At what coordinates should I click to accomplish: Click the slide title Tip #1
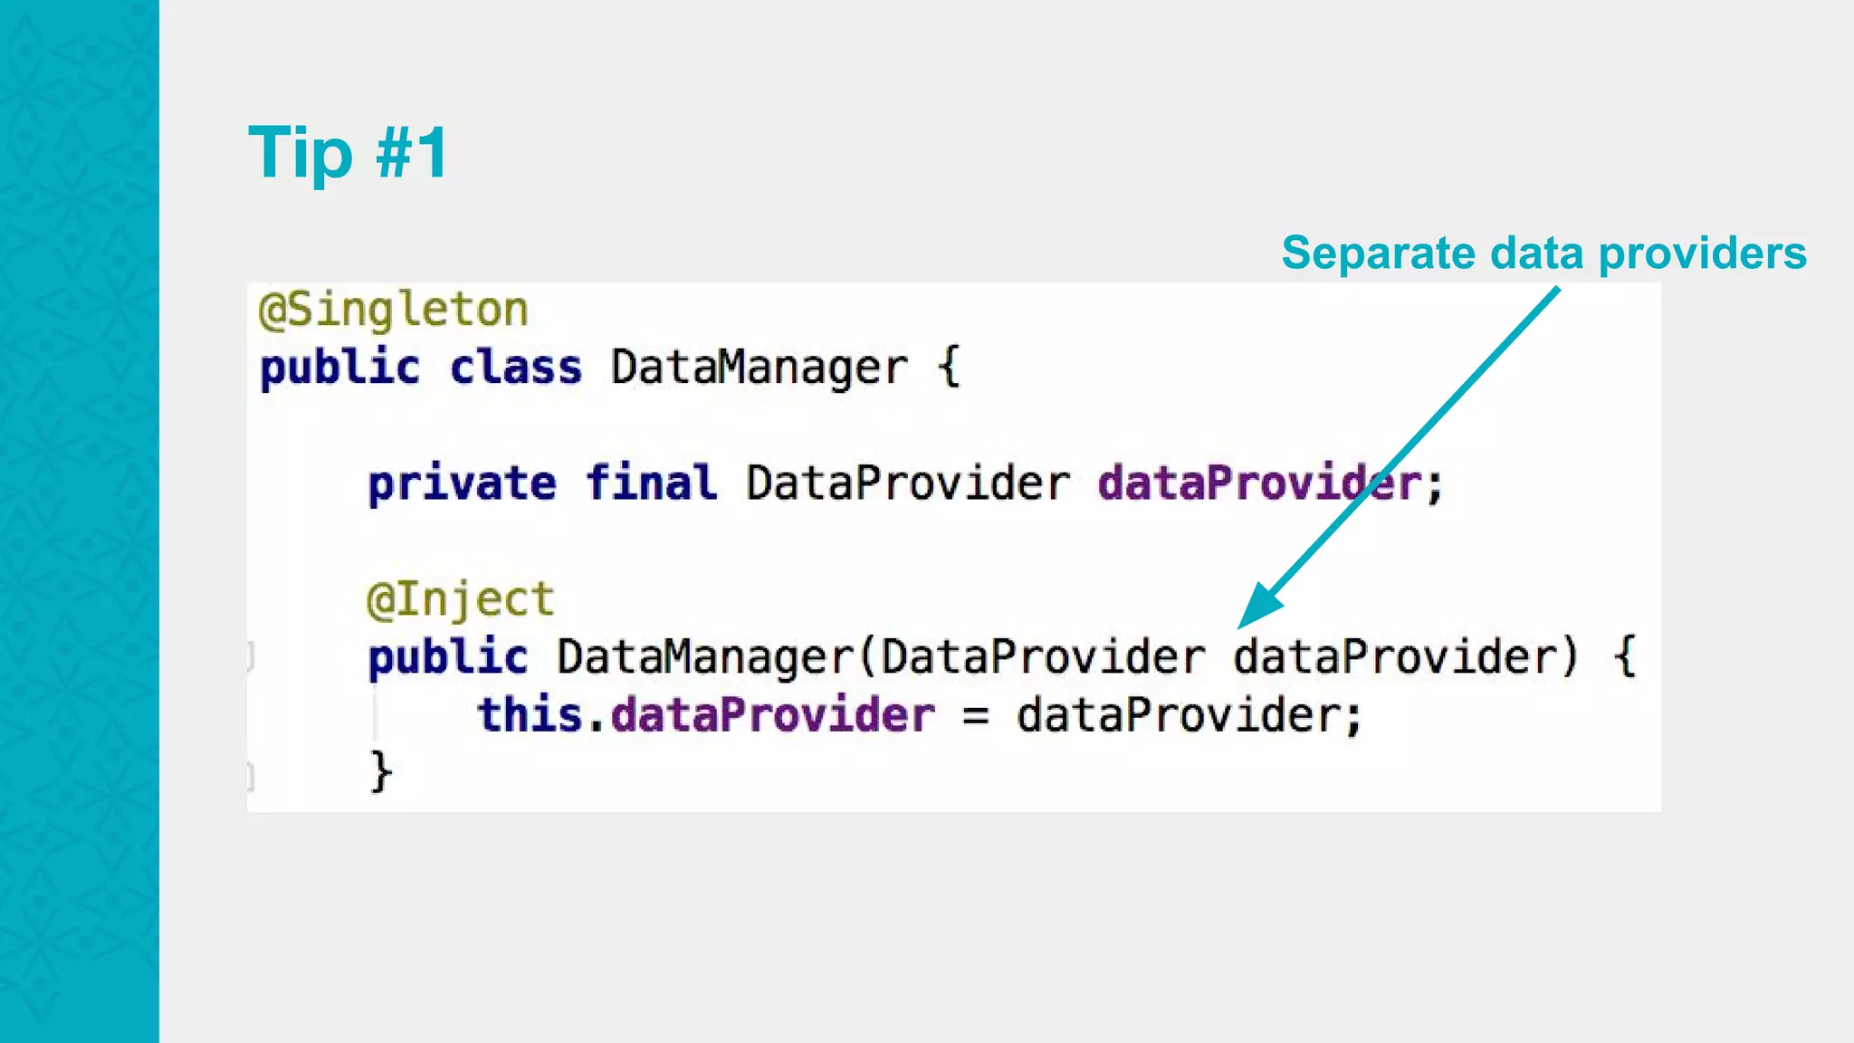tap(348, 152)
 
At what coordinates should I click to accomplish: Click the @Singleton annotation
tap(393, 310)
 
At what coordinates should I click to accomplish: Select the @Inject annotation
tap(460, 599)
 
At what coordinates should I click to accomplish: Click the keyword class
tap(516, 368)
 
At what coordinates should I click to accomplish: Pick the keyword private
tap(462, 483)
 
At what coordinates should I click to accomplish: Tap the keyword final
tap(651, 482)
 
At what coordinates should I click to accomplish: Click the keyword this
tap(530, 714)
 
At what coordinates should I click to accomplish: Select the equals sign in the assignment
tap(975, 716)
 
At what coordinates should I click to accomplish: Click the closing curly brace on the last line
tap(381, 772)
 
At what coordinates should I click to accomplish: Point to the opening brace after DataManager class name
tap(948, 368)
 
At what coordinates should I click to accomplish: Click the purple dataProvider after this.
tap(772, 714)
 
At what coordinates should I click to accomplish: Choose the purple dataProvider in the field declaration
tap(1259, 483)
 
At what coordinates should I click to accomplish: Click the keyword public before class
tap(339, 368)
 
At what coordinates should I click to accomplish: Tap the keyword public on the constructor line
tap(447, 657)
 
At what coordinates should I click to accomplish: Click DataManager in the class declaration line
tap(759, 368)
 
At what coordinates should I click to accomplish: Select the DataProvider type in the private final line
tap(908, 483)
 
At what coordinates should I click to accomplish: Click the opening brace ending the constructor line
tap(1625, 657)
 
